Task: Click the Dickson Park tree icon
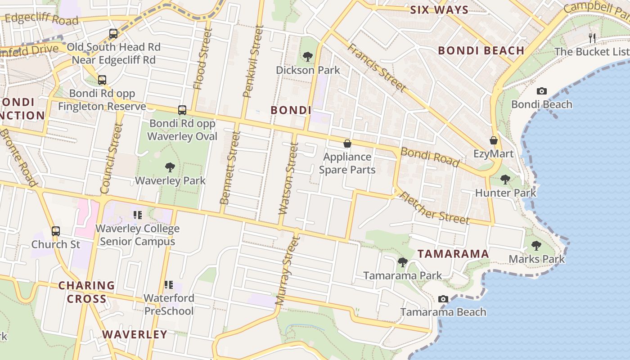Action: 308,57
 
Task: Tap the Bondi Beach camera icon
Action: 542,91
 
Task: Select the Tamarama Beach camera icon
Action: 443,299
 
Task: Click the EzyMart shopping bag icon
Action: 494,140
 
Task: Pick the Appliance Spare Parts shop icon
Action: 347,144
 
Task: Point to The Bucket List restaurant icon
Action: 592,38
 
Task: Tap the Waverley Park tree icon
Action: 170,167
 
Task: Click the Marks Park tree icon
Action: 536,246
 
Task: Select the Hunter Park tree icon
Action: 505,180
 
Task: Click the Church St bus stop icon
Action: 56,231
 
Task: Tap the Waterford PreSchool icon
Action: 169,284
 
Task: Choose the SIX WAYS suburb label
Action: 439,10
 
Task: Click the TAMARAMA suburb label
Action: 453,254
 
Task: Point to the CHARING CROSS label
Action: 86,292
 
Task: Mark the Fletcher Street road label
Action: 435,208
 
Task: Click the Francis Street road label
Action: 377,67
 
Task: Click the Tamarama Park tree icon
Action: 403,262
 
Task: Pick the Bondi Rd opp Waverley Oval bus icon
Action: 182,110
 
